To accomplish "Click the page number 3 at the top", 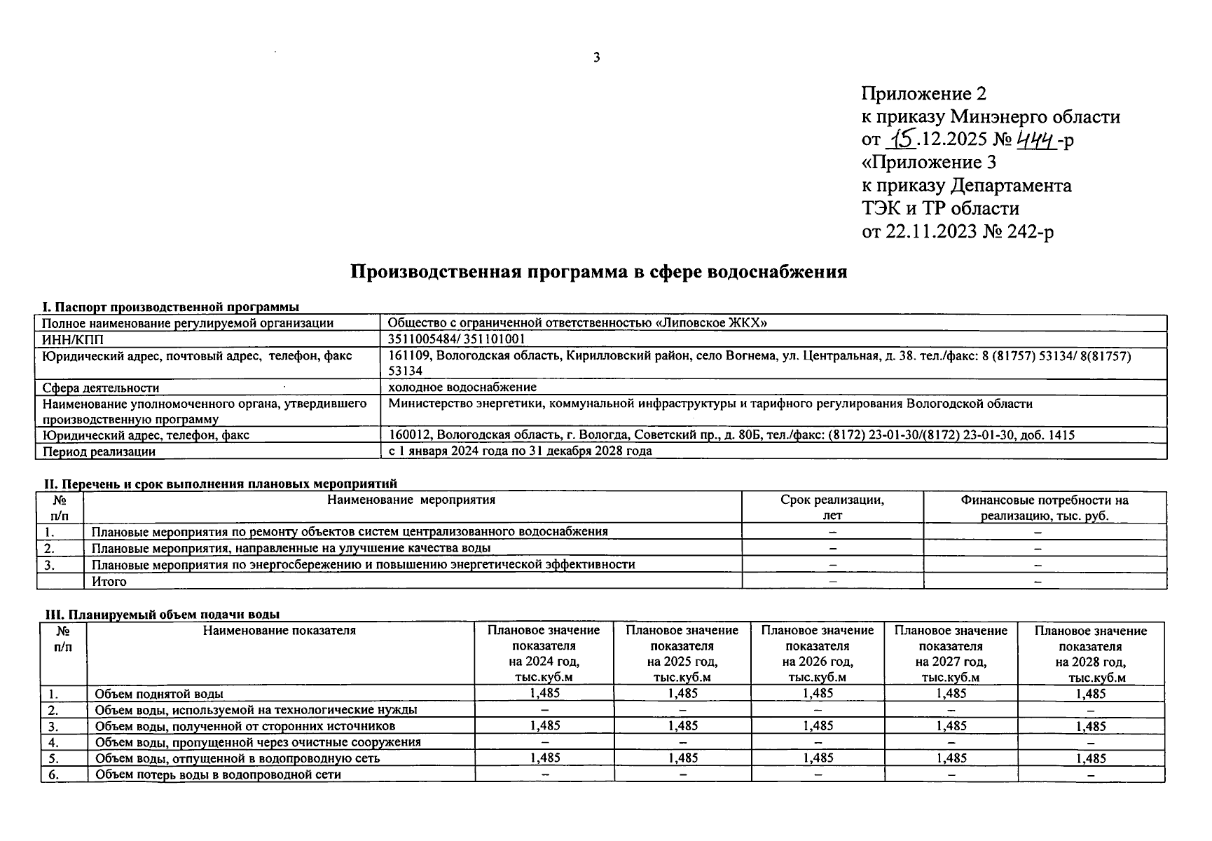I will (x=596, y=57).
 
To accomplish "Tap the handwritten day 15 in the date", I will (x=901, y=140).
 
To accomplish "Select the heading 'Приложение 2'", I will (x=923, y=94).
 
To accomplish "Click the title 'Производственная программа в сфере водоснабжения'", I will (x=598, y=272).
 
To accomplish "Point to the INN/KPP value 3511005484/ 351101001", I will (x=456, y=339).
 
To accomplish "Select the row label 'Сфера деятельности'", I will (x=101, y=388).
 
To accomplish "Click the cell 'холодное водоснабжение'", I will (x=462, y=387).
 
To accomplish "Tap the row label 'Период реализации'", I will (x=99, y=451).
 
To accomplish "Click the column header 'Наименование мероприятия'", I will (x=411, y=500).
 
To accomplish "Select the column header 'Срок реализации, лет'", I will (x=832, y=507).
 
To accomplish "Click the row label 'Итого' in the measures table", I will (x=109, y=581).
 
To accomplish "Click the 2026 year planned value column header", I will (x=817, y=653).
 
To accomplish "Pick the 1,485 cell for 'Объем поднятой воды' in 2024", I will (x=544, y=693).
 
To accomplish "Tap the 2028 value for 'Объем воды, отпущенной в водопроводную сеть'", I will (x=1090, y=758).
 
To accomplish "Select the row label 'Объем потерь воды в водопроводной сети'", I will (x=218, y=774).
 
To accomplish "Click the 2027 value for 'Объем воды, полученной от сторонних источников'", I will (x=951, y=726).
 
